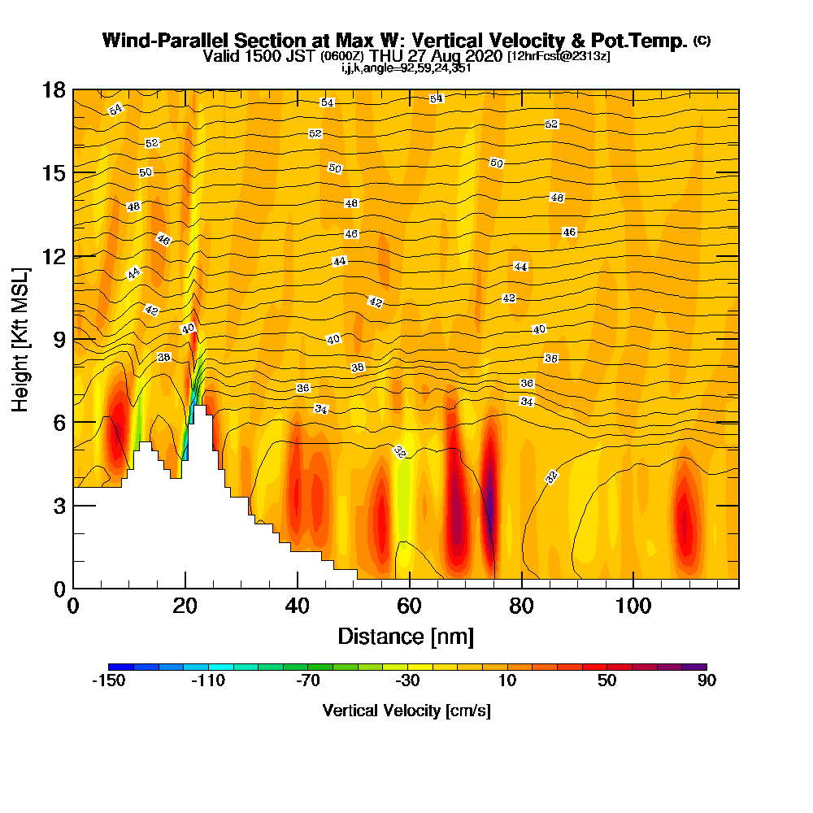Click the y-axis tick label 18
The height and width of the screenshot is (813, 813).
[x=53, y=89]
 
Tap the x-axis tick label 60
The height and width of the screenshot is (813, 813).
[x=409, y=607]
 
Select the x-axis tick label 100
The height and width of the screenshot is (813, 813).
[x=633, y=607]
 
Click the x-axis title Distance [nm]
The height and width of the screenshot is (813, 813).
[x=406, y=636]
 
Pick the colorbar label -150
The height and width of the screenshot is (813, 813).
[x=108, y=681]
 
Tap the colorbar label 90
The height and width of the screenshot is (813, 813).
[x=706, y=681]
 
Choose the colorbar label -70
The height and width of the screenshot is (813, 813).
[x=307, y=681]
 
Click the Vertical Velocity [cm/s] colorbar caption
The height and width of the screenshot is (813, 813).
[x=406, y=711]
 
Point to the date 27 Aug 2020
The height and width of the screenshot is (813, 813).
[x=447, y=56]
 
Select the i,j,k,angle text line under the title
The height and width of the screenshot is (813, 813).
[x=406, y=67]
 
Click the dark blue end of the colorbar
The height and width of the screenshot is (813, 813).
[x=115, y=667]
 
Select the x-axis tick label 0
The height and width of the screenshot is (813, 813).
[x=73, y=607]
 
